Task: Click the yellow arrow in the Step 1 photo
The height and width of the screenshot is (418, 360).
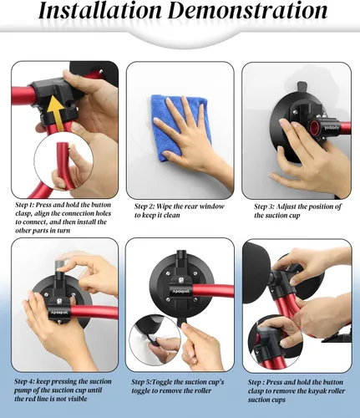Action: (x=54, y=112)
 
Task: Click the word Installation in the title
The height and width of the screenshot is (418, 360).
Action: (x=99, y=10)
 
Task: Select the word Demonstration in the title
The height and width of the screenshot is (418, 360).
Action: (x=248, y=10)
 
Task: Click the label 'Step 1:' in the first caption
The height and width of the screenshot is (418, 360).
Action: (x=25, y=205)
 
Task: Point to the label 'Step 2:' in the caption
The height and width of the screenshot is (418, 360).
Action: (x=145, y=206)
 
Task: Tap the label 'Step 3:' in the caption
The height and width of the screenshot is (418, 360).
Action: (x=264, y=206)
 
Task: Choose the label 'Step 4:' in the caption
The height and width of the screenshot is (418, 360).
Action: (x=24, y=381)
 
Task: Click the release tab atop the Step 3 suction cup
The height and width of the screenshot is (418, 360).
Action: (x=302, y=87)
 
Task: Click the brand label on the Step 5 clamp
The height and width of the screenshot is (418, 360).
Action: (x=181, y=291)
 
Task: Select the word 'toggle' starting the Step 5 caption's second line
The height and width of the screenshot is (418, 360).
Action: (x=140, y=391)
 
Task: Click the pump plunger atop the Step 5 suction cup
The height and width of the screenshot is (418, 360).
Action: (x=181, y=258)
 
